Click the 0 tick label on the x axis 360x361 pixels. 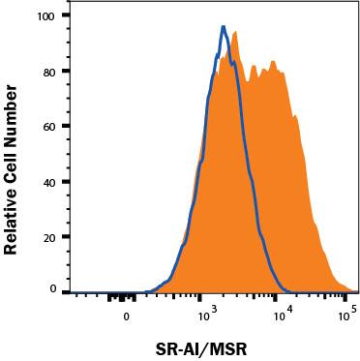(126, 316)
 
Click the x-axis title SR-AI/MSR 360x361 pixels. (205, 346)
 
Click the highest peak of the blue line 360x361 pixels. (224, 28)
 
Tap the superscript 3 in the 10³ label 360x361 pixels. (213, 310)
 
